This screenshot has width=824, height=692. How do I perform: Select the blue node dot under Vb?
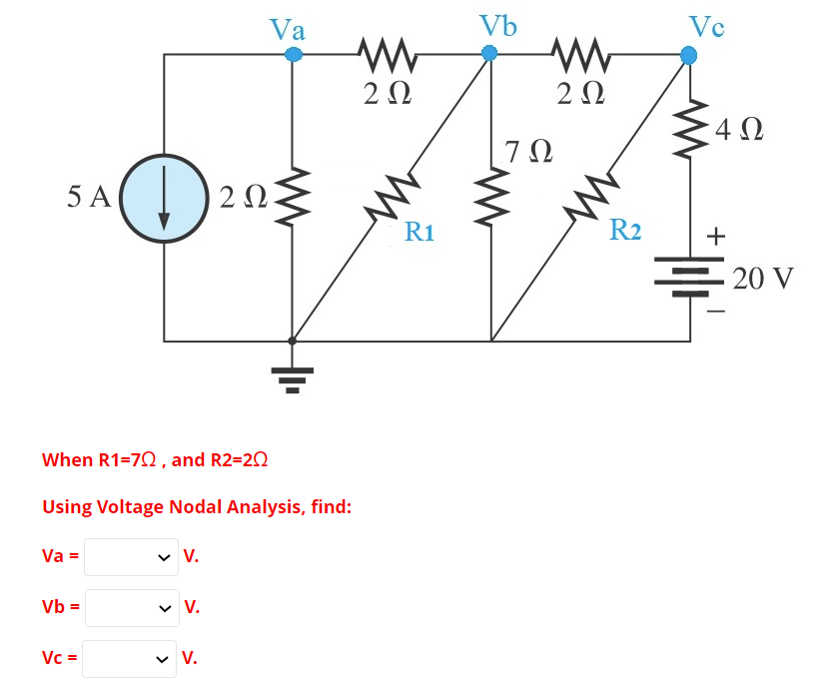pos(489,54)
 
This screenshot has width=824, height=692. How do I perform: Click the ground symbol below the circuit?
pos(292,377)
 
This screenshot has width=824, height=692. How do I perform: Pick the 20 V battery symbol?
pos(689,272)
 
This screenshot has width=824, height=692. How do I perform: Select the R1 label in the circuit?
pos(419,234)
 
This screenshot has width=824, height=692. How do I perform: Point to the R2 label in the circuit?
pos(625,230)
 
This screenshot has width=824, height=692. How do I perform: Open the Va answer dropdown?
pos(130,557)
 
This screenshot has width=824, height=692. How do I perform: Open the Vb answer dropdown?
pos(130,606)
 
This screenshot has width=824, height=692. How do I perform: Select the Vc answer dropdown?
pos(130,658)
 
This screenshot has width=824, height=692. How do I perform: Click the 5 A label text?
pos(89,197)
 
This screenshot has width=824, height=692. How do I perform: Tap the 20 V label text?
pos(763,278)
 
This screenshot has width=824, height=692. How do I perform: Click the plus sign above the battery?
pos(715,237)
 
